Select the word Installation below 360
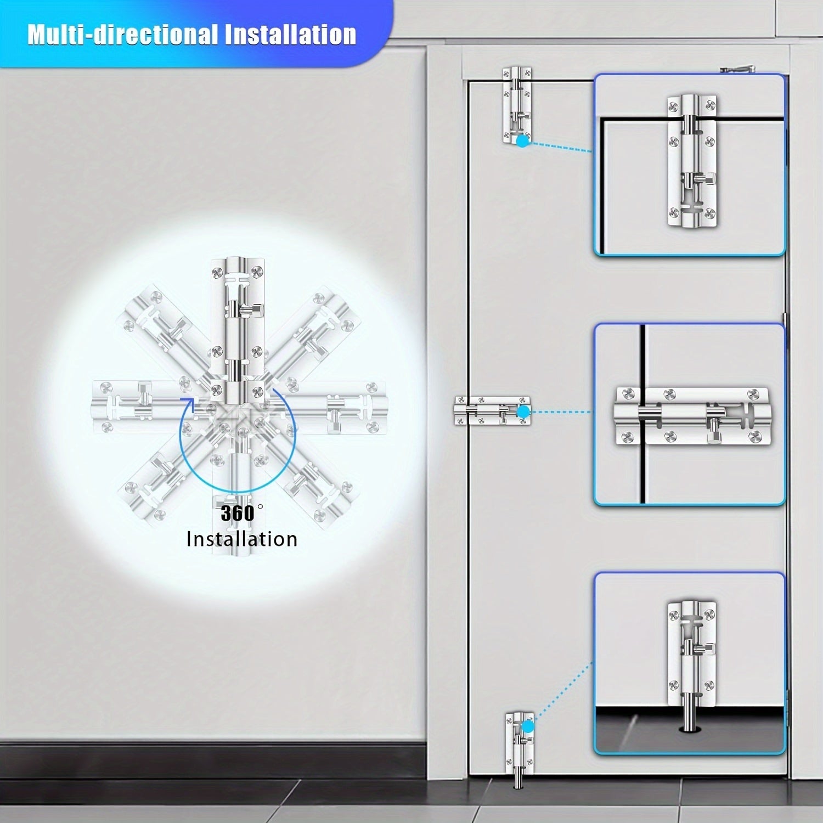[x=242, y=539]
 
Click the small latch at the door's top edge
[x=517, y=105]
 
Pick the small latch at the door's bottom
[x=519, y=749]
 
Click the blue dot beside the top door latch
[x=523, y=141]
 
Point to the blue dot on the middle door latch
[x=523, y=411]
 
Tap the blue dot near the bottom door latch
[x=527, y=727]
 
